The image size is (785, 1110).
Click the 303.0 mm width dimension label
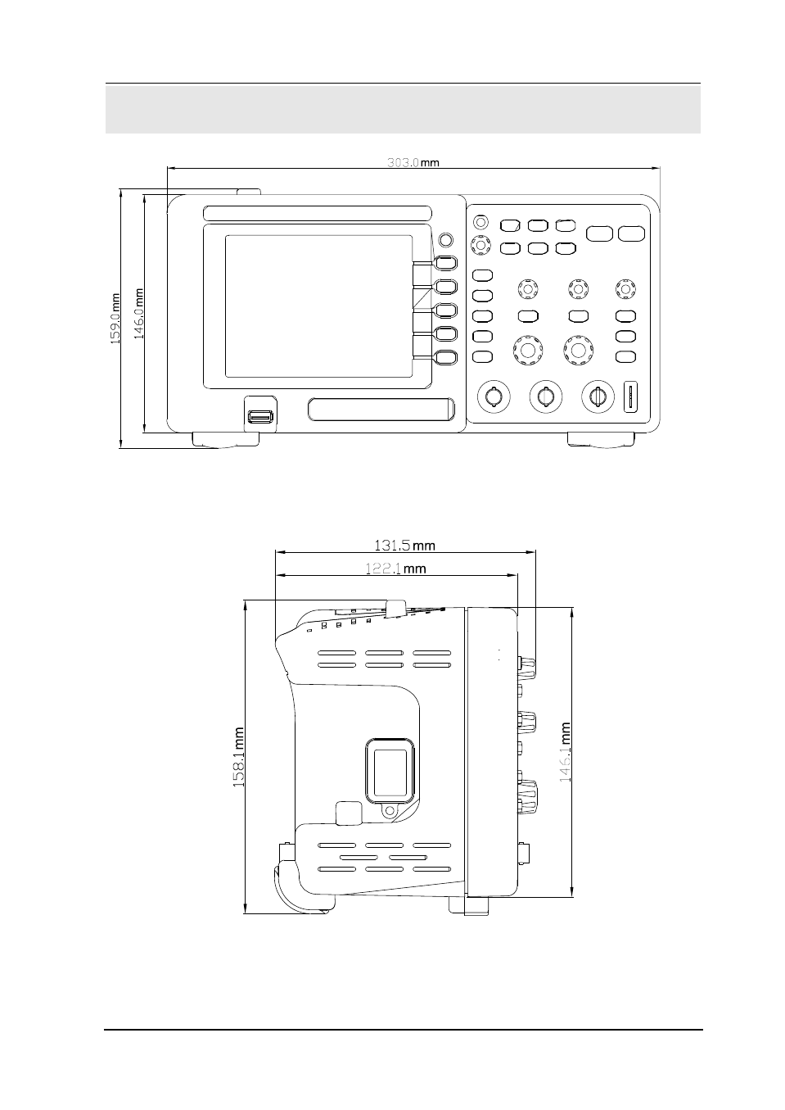point(413,162)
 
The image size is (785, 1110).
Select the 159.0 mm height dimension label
point(115,319)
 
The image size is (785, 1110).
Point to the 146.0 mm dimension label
point(138,315)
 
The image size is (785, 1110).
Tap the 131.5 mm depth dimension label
point(404,546)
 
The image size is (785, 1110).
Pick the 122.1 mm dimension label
point(395,569)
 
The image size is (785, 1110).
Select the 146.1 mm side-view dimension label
point(565,752)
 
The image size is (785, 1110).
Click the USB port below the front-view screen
point(260,417)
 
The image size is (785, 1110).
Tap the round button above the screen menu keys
point(446,240)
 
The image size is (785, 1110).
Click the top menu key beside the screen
point(446,263)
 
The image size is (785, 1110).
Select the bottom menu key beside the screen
point(446,357)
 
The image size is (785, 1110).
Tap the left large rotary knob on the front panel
point(527,350)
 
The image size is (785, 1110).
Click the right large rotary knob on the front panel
point(578,350)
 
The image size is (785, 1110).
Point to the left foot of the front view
point(226,440)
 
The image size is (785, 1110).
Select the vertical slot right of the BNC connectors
point(630,396)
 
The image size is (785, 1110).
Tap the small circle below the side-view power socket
point(390,811)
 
